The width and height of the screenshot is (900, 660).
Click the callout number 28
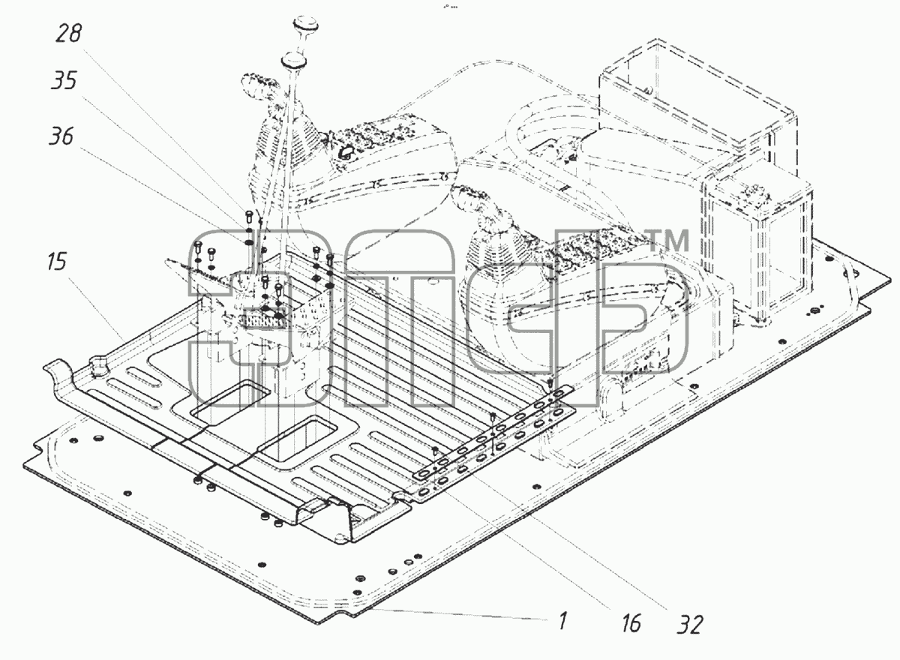(x=69, y=33)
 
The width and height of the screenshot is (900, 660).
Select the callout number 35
(x=64, y=80)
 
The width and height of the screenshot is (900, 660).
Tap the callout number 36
(x=61, y=136)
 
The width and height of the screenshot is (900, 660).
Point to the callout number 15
(x=57, y=262)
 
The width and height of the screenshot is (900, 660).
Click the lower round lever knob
(x=294, y=59)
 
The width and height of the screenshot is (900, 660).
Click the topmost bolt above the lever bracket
(x=248, y=216)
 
